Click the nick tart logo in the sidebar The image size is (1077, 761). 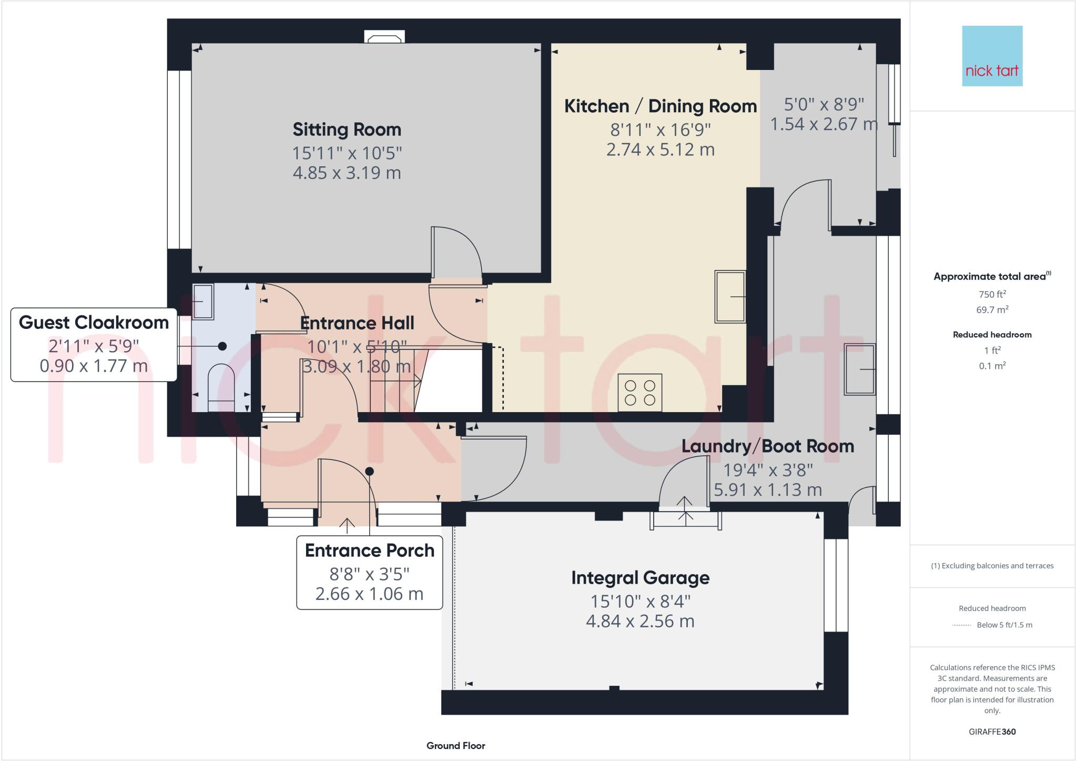(x=992, y=56)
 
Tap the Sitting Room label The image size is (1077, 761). (x=347, y=129)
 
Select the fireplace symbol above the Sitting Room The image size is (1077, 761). (x=384, y=37)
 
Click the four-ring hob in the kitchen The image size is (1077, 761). (x=640, y=393)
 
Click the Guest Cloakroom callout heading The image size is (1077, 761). (x=94, y=323)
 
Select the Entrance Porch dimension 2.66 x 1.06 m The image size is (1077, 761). (x=369, y=594)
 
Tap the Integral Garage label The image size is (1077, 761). (x=640, y=578)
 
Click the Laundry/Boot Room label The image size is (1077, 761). (x=767, y=446)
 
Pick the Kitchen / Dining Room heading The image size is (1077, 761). (x=660, y=106)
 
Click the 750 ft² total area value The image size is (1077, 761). (x=992, y=294)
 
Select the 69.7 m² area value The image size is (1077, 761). (x=992, y=309)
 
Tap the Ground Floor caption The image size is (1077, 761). (x=455, y=745)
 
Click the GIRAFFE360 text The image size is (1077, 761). (x=992, y=732)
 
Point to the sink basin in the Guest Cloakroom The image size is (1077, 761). (x=203, y=302)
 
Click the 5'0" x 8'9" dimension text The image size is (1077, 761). (x=824, y=104)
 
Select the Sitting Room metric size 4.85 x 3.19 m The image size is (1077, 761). (x=347, y=173)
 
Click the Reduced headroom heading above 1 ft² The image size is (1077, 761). (x=992, y=335)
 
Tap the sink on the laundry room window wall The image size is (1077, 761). (x=859, y=369)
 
